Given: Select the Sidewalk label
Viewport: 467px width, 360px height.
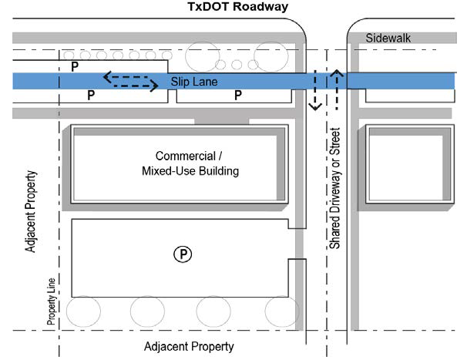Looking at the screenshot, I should pyautogui.click(x=389, y=38).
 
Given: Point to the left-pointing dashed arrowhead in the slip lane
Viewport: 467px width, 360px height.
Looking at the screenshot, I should pyautogui.click(x=108, y=77).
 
